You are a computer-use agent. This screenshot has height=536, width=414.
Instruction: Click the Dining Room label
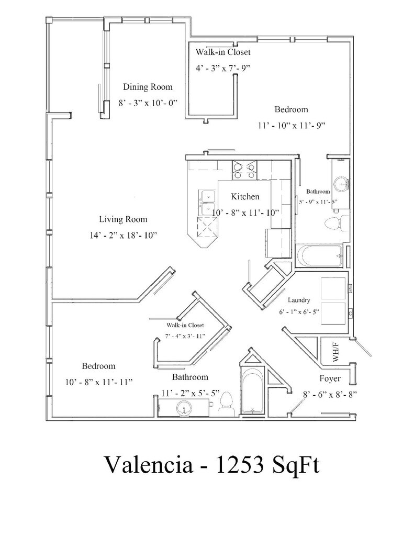point(147,87)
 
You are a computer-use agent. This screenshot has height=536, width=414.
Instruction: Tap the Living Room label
point(123,219)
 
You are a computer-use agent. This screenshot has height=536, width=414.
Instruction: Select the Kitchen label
point(245,197)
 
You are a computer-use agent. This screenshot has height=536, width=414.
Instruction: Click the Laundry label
point(299,300)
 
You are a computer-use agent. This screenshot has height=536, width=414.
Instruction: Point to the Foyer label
point(330,378)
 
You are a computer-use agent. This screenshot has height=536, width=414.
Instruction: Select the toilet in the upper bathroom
point(333,223)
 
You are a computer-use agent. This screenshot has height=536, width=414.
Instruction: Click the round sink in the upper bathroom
point(341,183)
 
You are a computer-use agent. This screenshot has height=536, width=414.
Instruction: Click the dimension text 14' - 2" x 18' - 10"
point(124,236)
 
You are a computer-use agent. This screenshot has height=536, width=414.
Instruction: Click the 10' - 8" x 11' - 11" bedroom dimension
point(98,382)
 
